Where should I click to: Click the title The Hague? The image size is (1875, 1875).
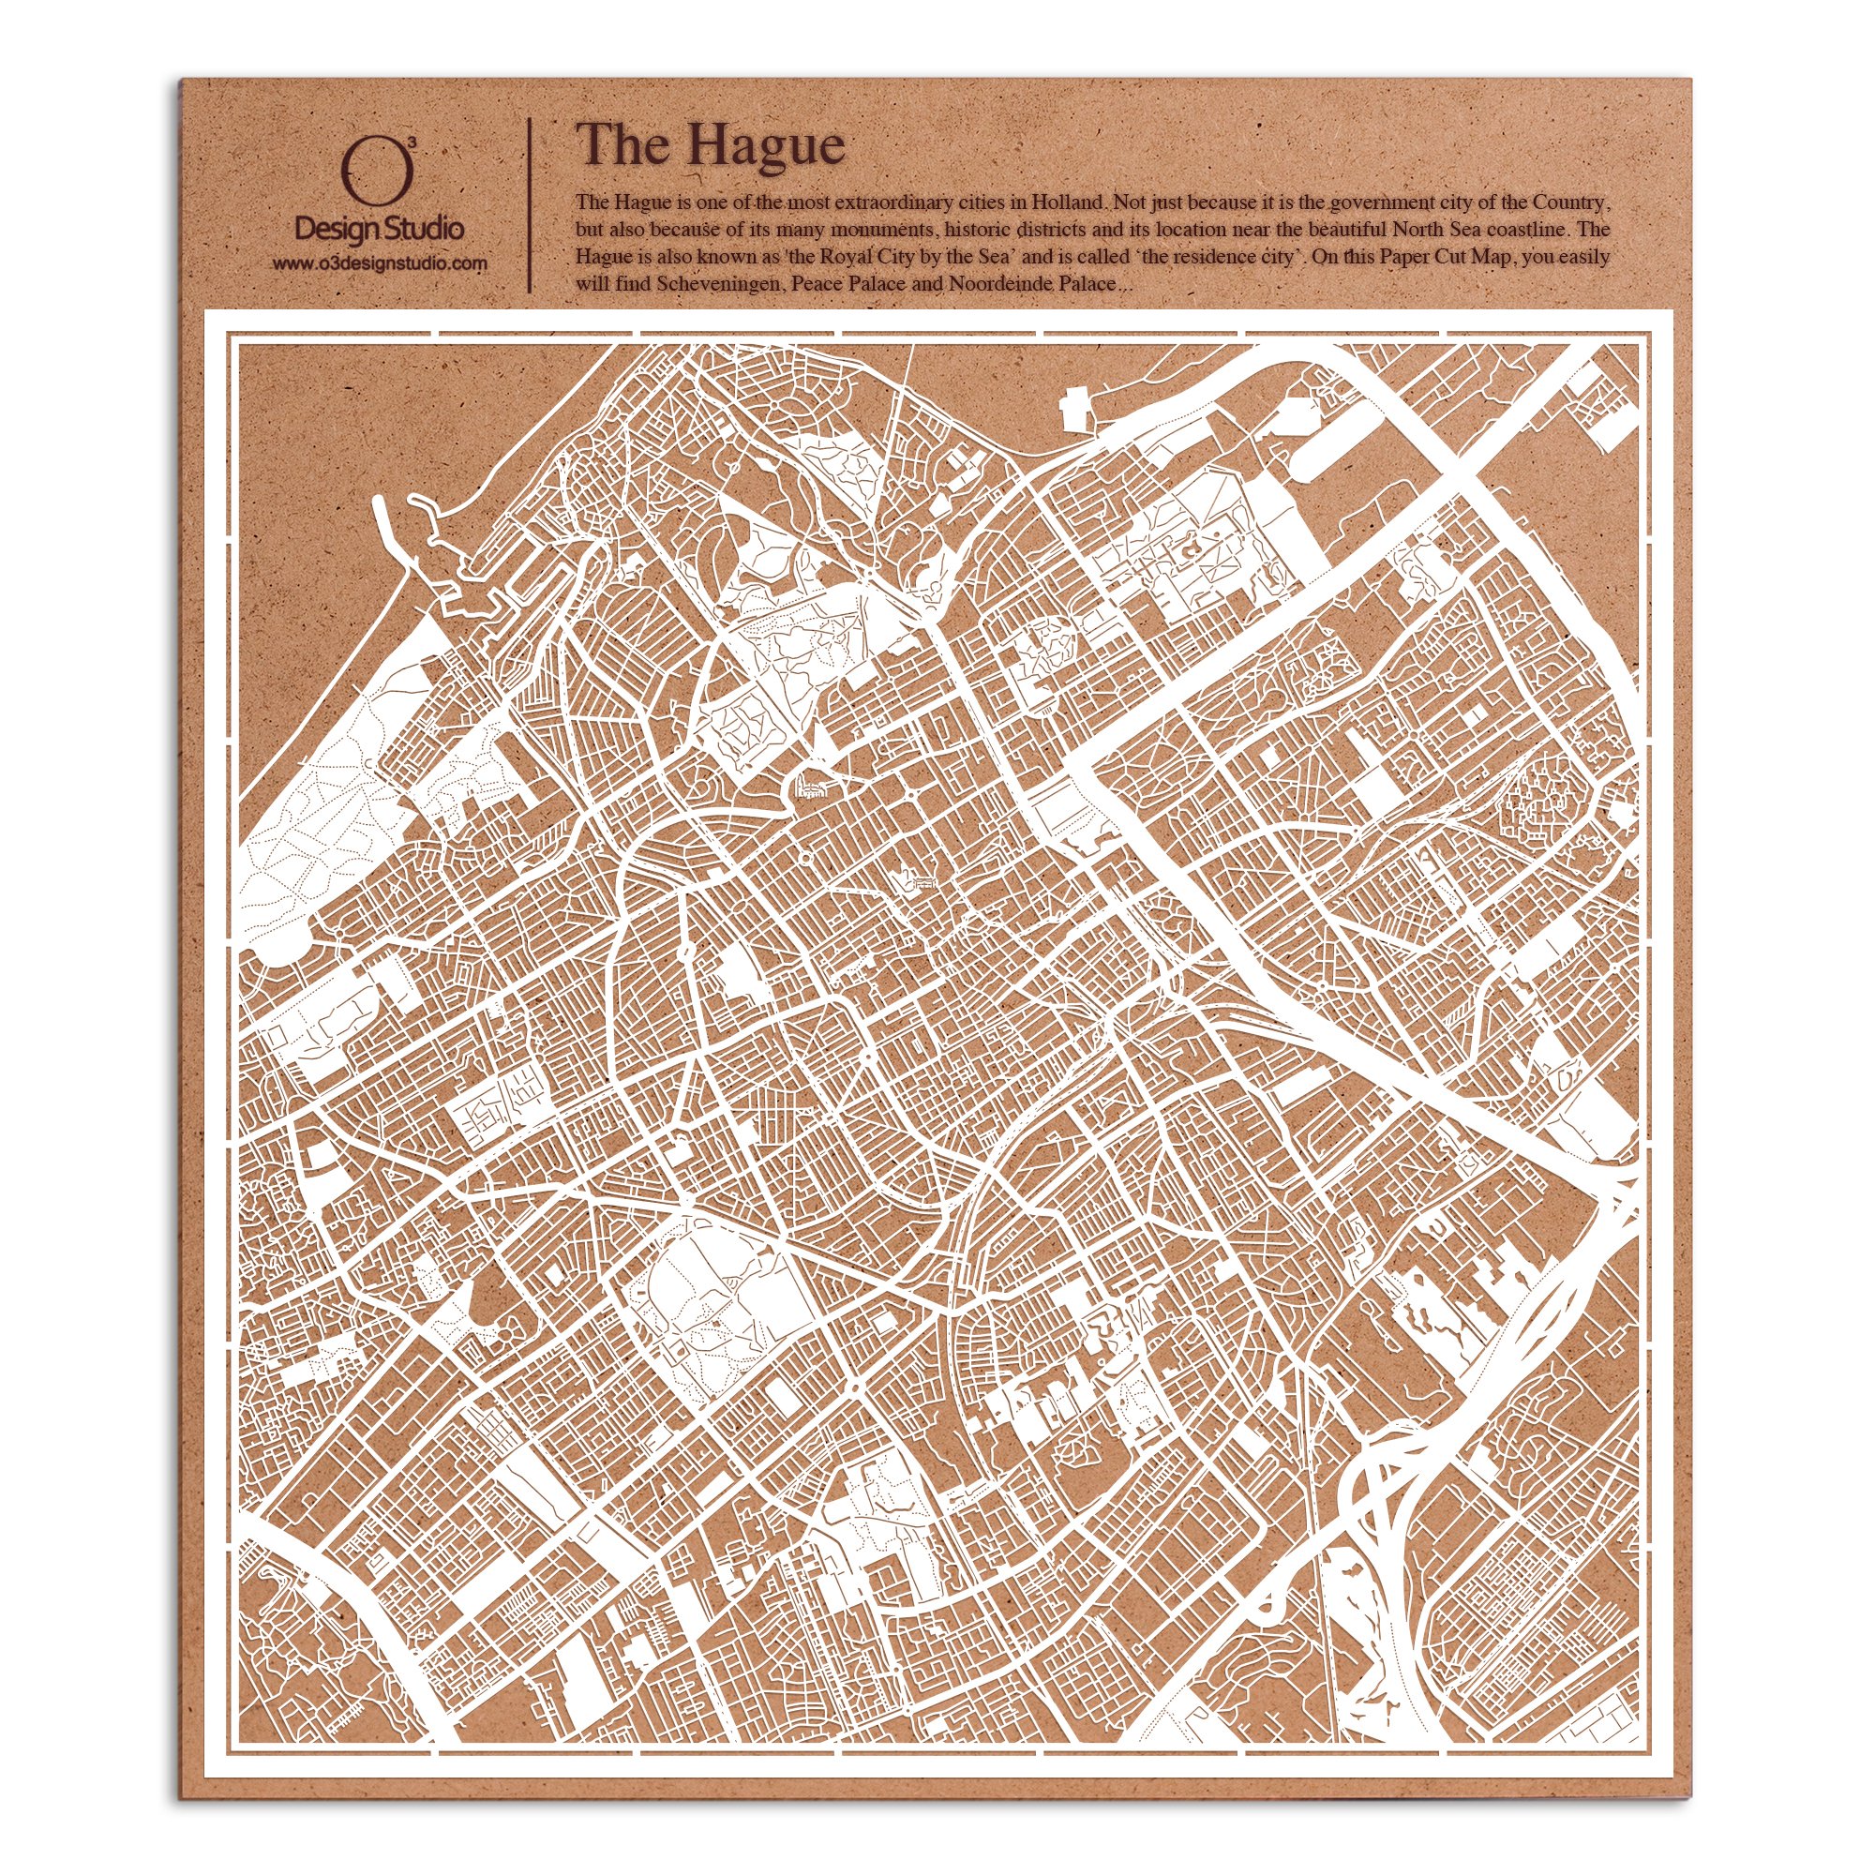(x=710, y=145)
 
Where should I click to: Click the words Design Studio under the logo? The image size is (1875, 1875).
(x=379, y=230)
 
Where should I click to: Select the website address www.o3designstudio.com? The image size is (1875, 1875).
(x=379, y=263)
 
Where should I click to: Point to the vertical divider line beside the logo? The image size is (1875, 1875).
(x=529, y=205)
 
